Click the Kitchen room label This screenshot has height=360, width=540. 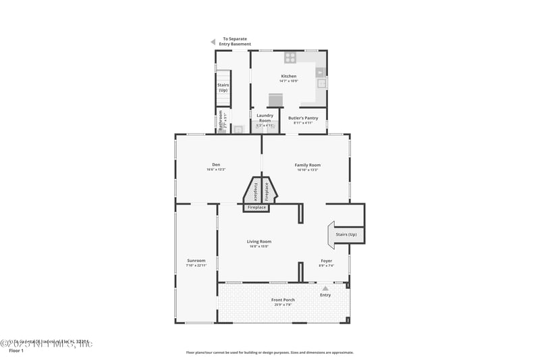coord(288,76)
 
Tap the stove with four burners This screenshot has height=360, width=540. coord(290,57)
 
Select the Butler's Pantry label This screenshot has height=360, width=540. coord(303,118)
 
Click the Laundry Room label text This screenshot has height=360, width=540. coord(265,118)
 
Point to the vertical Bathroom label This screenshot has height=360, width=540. coord(219,121)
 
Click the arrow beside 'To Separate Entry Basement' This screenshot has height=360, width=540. coord(213,42)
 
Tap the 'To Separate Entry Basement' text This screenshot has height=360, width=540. coord(237,42)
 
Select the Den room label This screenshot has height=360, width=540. coord(216,165)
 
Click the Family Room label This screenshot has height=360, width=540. coord(307,165)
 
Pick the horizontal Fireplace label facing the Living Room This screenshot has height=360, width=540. coord(256,207)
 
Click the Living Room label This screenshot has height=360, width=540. coord(259,241)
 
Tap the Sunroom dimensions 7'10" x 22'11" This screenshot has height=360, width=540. coord(196,265)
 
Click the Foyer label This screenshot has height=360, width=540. coord(326,261)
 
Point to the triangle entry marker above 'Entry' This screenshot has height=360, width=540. coord(325,288)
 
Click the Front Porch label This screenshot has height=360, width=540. coord(283,300)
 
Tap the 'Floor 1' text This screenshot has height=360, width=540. coord(16,351)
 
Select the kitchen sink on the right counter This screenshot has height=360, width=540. coord(322,84)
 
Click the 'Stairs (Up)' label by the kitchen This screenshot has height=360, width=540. coord(223,87)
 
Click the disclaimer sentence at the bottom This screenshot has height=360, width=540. coord(270,352)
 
